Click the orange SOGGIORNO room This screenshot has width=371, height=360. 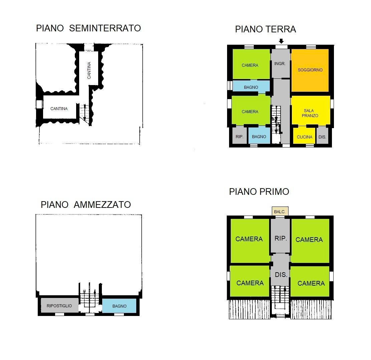tap(310, 70)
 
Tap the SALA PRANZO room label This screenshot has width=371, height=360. tap(310, 113)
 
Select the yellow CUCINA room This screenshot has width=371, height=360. tap(304, 137)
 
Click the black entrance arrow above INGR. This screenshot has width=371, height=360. tap(281, 41)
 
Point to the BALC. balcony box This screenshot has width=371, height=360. tap(280, 212)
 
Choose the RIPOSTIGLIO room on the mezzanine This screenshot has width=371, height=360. tap(59, 306)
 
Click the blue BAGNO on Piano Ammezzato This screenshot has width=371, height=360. tap(119, 306)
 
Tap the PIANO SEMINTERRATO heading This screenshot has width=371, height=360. tap(88, 28)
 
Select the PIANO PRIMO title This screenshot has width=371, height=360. tap(259, 192)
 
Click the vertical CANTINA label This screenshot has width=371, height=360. tap(89, 70)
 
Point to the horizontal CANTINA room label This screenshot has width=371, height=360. tap(59, 108)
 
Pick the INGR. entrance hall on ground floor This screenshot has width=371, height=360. tap(280, 63)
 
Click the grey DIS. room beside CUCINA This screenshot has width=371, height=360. tap(322, 137)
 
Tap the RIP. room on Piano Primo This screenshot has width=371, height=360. tap(281, 239)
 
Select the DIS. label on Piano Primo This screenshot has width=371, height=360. tap(281, 275)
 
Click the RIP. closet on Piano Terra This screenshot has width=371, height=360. tap(239, 136)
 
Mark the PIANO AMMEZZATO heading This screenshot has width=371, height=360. tap(86, 205)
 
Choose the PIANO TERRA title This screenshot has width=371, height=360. tap(265, 29)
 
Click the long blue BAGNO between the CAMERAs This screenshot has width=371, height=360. tap(251, 87)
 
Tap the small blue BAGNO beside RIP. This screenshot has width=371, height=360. tap(259, 136)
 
